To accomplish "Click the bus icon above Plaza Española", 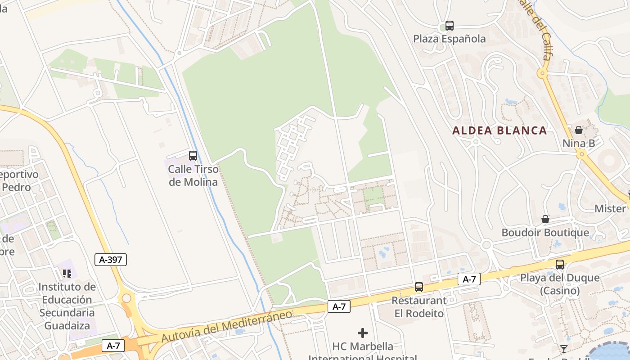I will click(449, 26).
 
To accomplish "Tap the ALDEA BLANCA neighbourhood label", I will click(499, 130).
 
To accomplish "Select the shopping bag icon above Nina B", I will click(579, 130).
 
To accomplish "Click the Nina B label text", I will click(579, 144).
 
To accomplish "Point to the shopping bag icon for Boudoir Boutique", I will click(545, 219).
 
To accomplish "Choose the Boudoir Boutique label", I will click(545, 233).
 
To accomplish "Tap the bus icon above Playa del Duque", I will click(560, 265).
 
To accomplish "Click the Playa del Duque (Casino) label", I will click(560, 284).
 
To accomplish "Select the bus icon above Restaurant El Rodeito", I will click(419, 287).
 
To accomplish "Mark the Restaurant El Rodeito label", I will click(419, 307).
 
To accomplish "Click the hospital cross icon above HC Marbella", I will click(363, 333).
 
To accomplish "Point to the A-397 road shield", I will click(111, 259).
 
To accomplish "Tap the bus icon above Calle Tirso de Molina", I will click(193, 156).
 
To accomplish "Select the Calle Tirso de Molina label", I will click(193, 175).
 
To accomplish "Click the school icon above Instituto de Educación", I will click(67, 273).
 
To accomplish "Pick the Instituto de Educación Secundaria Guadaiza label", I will click(67, 306).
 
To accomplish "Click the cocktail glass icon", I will click(563, 349).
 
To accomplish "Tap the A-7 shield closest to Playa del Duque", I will click(469, 279).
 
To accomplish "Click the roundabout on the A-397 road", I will click(126, 298).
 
